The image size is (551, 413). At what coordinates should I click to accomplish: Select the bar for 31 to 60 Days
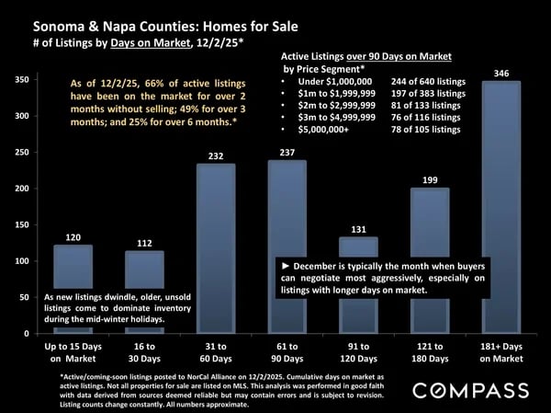(215, 248)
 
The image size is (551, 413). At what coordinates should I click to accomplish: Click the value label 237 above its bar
(287, 152)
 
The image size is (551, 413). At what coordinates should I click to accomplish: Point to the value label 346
(501, 71)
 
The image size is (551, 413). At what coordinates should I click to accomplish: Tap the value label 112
(144, 243)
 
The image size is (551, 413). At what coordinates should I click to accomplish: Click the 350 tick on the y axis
(18, 81)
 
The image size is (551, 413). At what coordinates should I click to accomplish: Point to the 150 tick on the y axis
(18, 225)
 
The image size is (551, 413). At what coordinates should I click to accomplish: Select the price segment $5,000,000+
(326, 130)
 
